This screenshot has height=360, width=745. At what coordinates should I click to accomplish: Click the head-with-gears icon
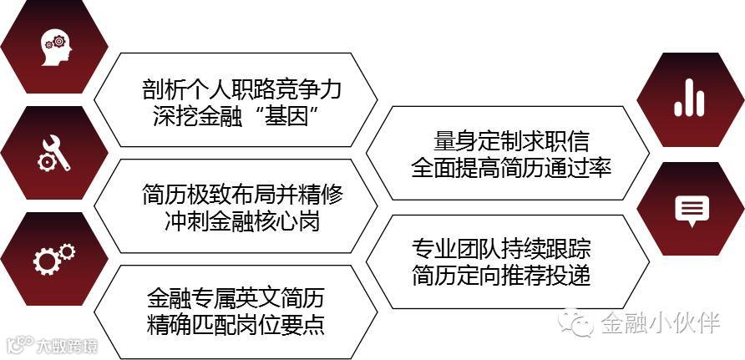tap(54, 47)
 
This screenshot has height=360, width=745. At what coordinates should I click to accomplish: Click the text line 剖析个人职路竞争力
tap(242, 89)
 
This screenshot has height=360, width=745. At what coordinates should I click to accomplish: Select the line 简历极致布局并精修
tap(242, 195)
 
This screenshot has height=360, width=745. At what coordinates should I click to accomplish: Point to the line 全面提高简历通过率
tap(512, 167)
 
